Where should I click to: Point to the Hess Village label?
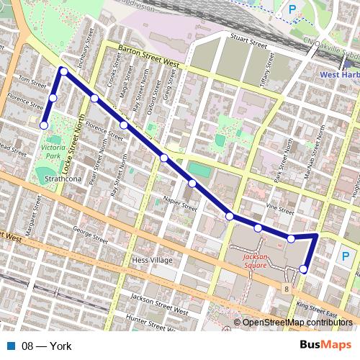[150, 260]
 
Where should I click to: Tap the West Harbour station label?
[339, 74]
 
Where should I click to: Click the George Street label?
[89, 233]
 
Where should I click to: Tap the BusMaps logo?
[326, 346]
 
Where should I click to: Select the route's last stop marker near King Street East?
[303, 269]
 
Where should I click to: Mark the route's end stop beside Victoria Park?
[44, 125]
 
